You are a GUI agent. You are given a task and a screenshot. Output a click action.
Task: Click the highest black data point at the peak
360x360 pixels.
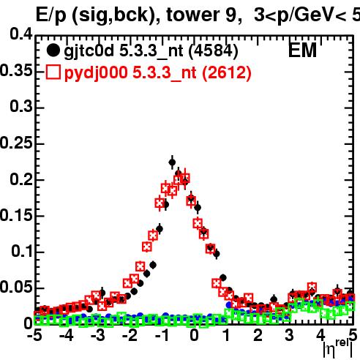(x=172, y=162)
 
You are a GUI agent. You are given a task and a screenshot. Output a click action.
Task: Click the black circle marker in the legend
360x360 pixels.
(x=53, y=50)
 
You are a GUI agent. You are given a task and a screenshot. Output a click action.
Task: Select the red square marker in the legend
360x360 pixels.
(x=53, y=72)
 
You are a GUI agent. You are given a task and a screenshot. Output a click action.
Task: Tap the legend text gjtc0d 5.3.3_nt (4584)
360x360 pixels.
(x=151, y=51)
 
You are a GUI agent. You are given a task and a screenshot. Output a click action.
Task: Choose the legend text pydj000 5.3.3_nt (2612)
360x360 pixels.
(x=158, y=73)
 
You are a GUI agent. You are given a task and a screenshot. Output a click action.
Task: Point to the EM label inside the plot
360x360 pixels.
(x=302, y=50)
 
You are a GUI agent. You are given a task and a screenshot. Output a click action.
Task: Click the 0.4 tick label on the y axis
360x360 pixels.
(x=21, y=34)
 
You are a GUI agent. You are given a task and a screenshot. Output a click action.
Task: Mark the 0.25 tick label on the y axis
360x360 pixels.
(x=16, y=143)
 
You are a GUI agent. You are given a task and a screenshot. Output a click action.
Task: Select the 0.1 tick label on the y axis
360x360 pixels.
(x=22, y=251)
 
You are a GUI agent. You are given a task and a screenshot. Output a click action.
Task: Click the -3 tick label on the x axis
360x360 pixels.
(x=98, y=335)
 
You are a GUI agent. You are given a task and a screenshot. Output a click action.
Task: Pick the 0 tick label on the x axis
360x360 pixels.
(x=194, y=335)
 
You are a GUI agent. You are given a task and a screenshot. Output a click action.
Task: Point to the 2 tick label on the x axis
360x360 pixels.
(x=258, y=335)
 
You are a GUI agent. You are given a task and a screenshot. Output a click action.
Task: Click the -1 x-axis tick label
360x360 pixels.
(x=162, y=335)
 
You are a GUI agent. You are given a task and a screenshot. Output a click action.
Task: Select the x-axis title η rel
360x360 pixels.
(x=338, y=349)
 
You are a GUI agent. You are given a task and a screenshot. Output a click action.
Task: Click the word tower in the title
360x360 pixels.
(x=192, y=15)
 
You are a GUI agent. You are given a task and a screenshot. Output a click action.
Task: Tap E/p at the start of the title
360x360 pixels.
(x=50, y=15)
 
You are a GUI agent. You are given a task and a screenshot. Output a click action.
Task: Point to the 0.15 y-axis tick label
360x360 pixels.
(x=16, y=215)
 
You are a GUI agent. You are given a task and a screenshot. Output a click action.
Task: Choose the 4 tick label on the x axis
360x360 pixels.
(x=321, y=335)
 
